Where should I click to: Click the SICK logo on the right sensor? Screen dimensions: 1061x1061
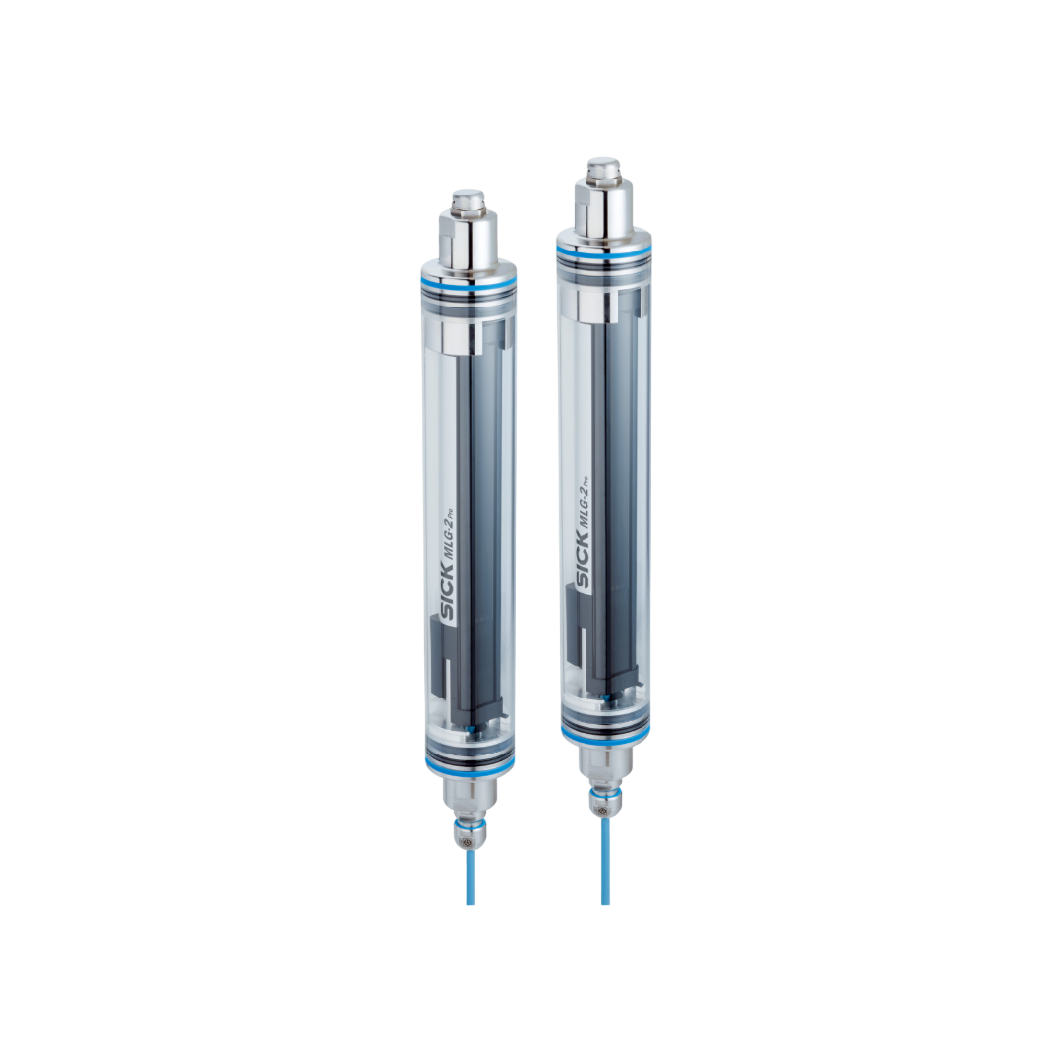[583, 562]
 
